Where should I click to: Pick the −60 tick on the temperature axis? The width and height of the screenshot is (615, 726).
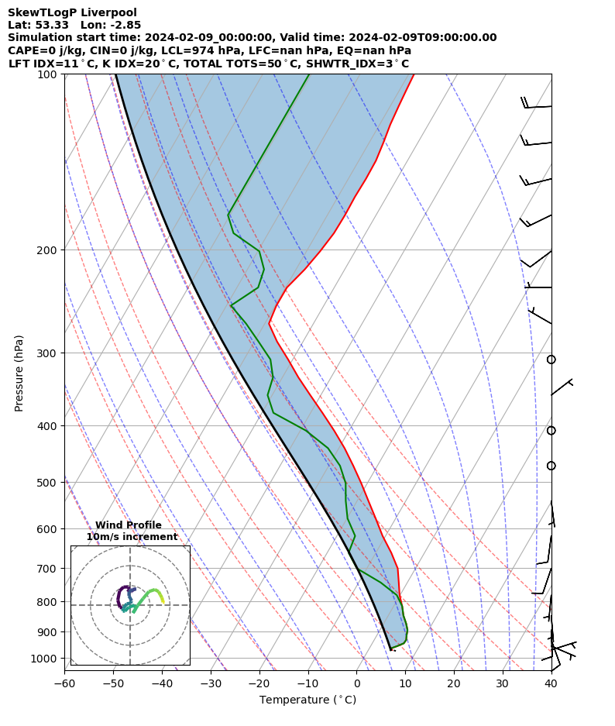pyautogui.click(x=64, y=683)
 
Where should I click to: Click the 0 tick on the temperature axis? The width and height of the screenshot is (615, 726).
pyautogui.click(x=357, y=683)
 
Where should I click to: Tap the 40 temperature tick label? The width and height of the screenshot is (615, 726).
pyautogui.click(x=551, y=683)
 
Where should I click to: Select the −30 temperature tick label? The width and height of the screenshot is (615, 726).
pyautogui.click(x=211, y=683)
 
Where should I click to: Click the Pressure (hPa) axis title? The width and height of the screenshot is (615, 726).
pyautogui.click(x=19, y=373)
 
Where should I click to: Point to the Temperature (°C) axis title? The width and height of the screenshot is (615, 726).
pyautogui.click(x=307, y=700)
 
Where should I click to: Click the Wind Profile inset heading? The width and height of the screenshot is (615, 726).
pyautogui.click(x=129, y=525)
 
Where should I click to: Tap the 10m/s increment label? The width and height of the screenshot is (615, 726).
pyautogui.click(x=132, y=537)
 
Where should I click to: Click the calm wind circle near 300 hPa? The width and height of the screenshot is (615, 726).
pyautogui.click(x=551, y=360)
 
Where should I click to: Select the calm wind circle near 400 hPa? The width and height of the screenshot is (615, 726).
pyautogui.click(x=551, y=431)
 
